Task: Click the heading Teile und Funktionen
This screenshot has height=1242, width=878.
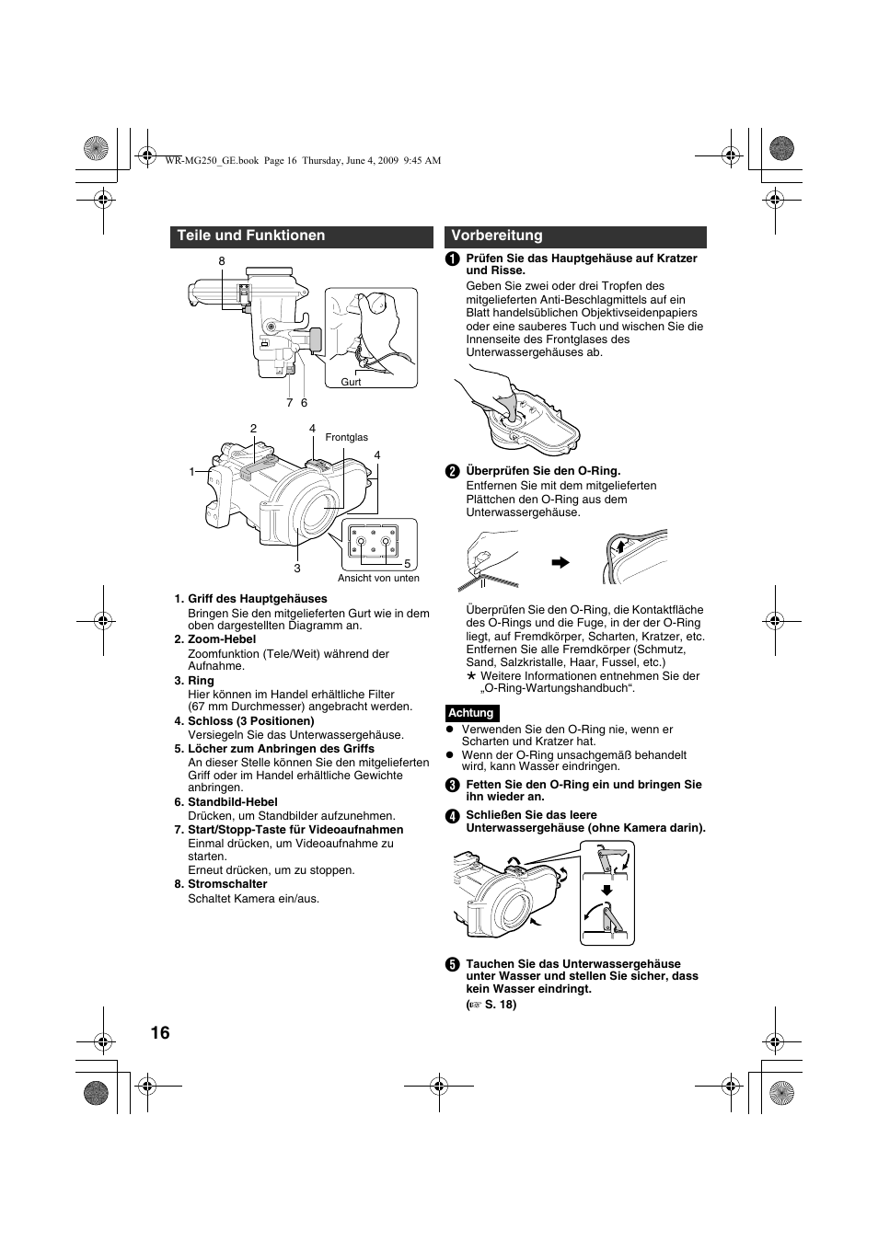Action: point(251,236)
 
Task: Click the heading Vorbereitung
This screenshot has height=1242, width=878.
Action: point(497,236)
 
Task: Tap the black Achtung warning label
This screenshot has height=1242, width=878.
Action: point(471,713)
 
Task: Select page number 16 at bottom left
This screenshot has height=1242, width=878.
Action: point(160,1033)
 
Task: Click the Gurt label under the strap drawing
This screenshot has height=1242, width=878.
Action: point(351,382)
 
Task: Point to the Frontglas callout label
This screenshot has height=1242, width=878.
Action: point(346,438)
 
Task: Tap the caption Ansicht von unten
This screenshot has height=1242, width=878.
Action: point(378,578)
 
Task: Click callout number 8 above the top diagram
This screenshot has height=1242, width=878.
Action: point(222,262)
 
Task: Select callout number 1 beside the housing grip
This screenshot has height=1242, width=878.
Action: point(192,472)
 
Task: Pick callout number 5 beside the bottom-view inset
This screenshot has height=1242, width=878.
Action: point(406,563)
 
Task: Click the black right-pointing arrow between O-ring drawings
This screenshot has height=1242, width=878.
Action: point(560,562)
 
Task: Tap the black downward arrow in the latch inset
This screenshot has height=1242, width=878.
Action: point(607,889)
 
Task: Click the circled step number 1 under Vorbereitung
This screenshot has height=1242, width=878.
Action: point(453,259)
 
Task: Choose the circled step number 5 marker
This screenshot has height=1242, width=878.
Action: point(453,964)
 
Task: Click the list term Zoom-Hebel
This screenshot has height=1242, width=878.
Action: point(222,639)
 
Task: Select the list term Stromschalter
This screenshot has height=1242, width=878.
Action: point(227,884)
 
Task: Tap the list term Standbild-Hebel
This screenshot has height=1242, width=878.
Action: point(232,802)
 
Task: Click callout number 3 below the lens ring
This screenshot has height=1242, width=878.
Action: point(297,569)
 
